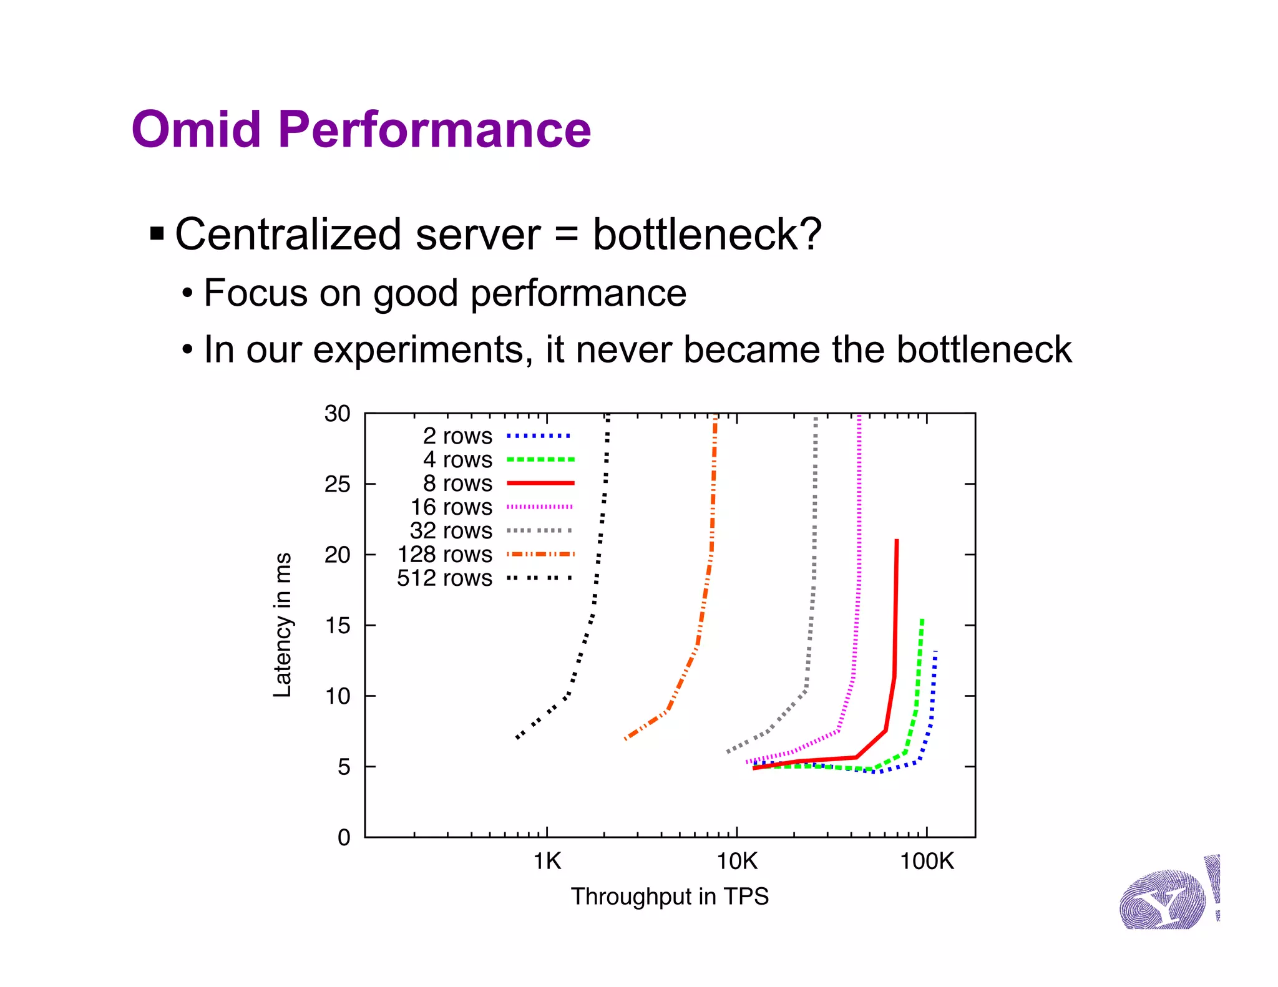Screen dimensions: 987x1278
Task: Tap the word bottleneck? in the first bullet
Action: tap(706, 235)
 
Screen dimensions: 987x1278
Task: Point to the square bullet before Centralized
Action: tap(157, 235)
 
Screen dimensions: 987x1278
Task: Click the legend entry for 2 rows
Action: tap(457, 435)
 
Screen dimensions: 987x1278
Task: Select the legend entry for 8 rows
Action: tap(457, 483)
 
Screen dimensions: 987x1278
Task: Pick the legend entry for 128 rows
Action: tap(445, 554)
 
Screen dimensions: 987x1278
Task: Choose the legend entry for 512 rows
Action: tap(444, 578)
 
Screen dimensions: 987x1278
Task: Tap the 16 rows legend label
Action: tap(451, 507)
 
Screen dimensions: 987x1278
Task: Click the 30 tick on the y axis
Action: tap(337, 414)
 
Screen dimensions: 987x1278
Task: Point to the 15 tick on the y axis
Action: tap(337, 625)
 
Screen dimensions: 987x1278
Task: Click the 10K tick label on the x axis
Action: tap(736, 862)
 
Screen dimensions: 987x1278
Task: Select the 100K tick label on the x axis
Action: tap(927, 862)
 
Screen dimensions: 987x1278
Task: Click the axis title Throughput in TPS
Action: tap(670, 897)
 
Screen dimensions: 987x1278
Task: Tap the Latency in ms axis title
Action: tap(282, 625)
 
